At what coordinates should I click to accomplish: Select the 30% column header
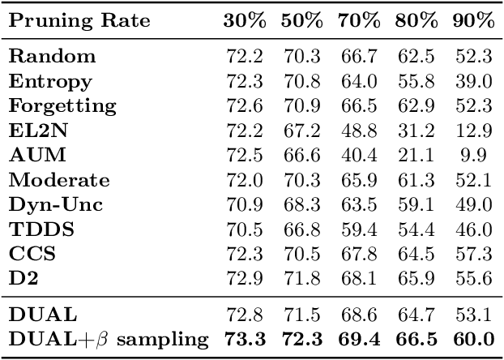(246, 21)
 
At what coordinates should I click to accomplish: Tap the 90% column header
(473, 21)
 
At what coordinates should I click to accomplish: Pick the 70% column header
(359, 21)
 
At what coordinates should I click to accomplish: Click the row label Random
(53, 57)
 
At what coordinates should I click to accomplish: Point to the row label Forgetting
(63, 105)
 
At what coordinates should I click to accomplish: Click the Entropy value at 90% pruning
(476, 81)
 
